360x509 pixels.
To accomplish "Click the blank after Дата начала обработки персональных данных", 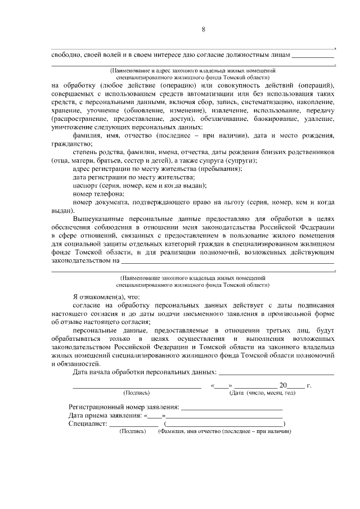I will tap(276, 372).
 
